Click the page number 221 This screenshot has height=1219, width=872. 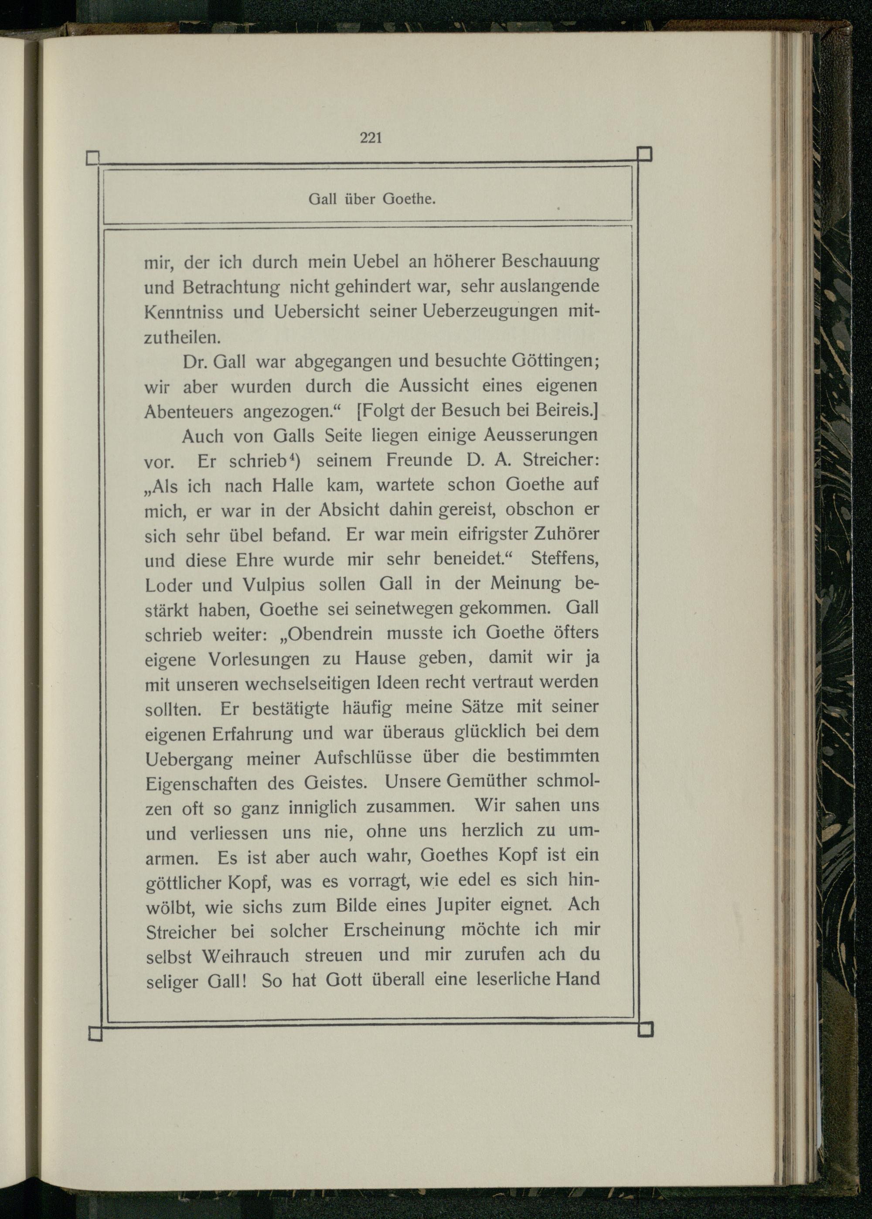371,138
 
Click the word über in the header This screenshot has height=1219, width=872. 359,199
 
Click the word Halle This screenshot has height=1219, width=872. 293,485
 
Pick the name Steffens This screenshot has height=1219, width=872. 564,559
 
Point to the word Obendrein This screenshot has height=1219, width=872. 331,633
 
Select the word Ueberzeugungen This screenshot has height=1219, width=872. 489,311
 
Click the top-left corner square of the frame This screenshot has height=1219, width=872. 93,158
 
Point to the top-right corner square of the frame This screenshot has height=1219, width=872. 644,154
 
